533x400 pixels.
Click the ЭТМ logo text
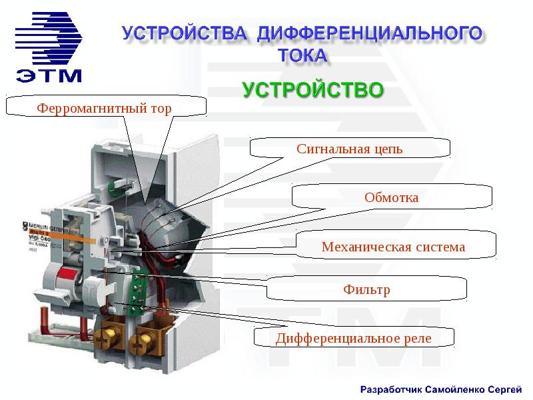point(49,73)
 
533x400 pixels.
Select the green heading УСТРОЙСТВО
point(312,90)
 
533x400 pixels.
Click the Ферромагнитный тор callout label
point(104,107)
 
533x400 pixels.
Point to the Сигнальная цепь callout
point(350,149)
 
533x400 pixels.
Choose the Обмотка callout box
point(392,197)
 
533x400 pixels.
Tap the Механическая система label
point(393,247)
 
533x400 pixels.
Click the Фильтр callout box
point(366,290)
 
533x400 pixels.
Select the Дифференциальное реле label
point(354,338)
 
